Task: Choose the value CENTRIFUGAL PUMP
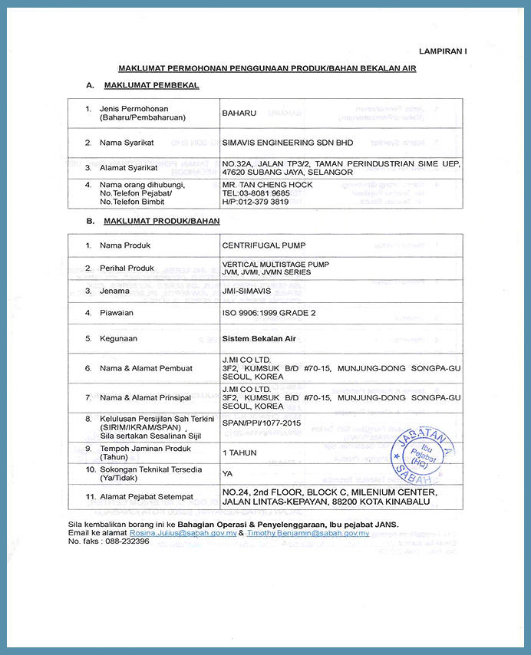point(263,245)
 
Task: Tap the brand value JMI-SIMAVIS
point(246,291)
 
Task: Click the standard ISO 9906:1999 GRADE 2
point(268,314)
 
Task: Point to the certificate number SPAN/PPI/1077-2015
point(260,423)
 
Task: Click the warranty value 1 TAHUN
point(239,453)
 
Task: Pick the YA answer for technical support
point(227,473)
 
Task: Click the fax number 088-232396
point(124,541)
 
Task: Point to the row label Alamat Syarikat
point(128,167)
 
